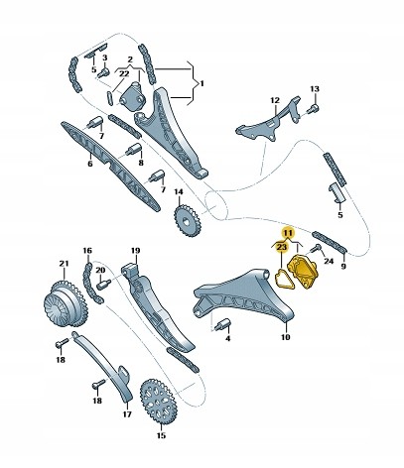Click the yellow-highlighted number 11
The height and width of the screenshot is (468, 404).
(x=288, y=233)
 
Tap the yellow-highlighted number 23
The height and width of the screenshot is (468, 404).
(x=281, y=247)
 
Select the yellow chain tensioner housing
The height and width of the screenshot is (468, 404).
(x=304, y=271)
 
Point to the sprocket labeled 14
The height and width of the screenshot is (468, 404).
(x=187, y=220)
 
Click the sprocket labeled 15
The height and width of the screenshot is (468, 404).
(x=158, y=402)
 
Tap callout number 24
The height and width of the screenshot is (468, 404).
(x=329, y=261)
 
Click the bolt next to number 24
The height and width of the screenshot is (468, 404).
(x=315, y=249)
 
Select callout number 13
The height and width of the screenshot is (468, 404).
(x=315, y=88)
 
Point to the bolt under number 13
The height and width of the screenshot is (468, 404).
(x=313, y=109)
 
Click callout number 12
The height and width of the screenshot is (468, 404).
(x=275, y=100)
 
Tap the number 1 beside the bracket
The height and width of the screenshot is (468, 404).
(x=202, y=83)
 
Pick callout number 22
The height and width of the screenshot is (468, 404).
(x=124, y=74)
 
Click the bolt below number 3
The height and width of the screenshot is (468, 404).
(x=104, y=72)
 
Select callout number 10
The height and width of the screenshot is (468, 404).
(x=285, y=337)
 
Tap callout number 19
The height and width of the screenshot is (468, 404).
(x=135, y=251)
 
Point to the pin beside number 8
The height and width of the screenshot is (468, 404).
(x=133, y=150)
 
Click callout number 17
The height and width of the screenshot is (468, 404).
(x=127, y=413)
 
